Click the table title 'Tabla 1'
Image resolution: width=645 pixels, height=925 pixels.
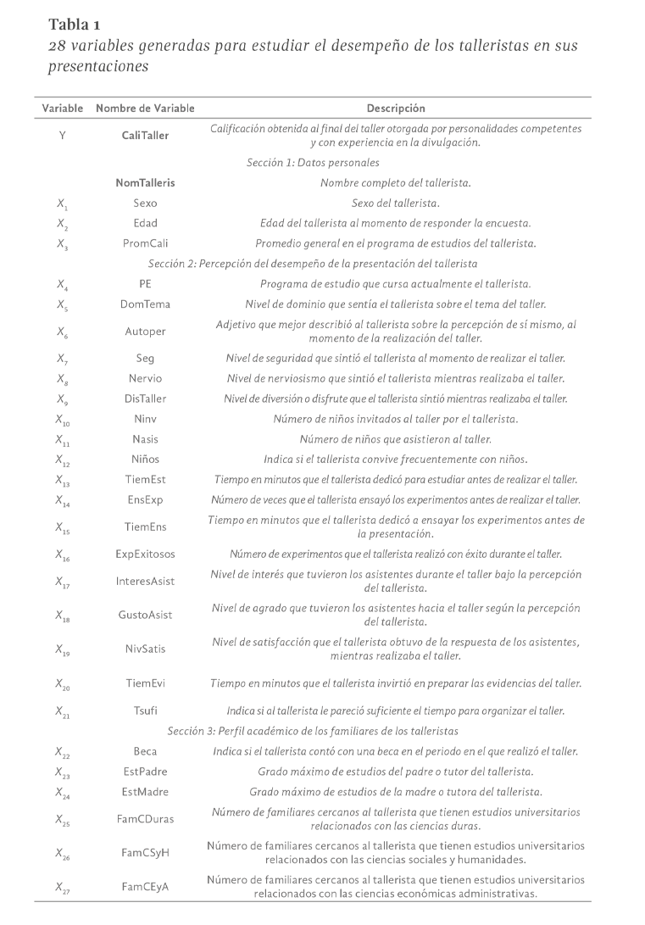pyautogui.click(x=75, y=23)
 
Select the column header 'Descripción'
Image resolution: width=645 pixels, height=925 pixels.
pyautogui.click(x=396, y=109)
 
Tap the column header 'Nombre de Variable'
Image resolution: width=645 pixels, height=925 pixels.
pyautogui.click(x=145, y=109)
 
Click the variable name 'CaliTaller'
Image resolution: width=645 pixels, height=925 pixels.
pyautogui.click(x=145, y=136)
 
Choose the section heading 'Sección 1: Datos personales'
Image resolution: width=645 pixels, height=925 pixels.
pyautogui.click(x=313, y=162)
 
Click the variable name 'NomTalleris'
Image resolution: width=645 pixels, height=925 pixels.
pyautogui.click(x=145, y=182)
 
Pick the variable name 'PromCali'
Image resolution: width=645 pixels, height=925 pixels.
pyautogui.click(x=145, y=243)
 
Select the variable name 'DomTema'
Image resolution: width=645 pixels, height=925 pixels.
pyautogui.click(x=145, y=304)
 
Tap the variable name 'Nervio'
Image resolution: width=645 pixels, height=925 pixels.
pyautogui.click(x=145, y=378)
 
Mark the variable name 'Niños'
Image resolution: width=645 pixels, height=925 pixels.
pyautogui.click(x=145, y=460)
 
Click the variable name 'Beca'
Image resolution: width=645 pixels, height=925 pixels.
pyautogui.click(x=145, y=750)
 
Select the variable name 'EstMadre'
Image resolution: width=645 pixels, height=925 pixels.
pyautogui.click(x=145, y=792)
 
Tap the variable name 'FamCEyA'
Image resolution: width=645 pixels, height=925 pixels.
pyautogui.click(x=145, y=887)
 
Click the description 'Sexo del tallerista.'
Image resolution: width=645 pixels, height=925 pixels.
pyautogui.click(x=396, y=203)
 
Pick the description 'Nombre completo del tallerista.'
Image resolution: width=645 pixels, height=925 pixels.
pyautogui.click(x=396, y=182)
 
